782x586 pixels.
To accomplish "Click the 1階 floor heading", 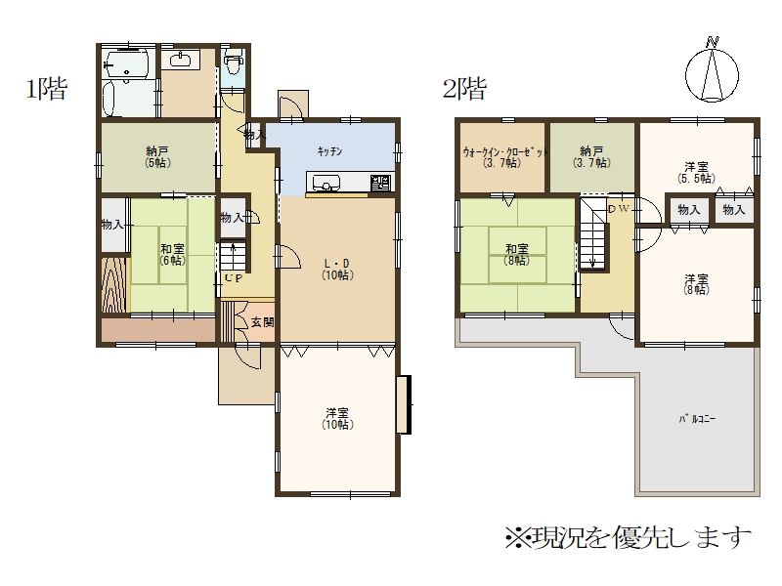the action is [x=46, y=89].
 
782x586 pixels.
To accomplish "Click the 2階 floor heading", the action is [x=464, y=89].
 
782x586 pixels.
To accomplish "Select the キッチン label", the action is [x=329, y=151].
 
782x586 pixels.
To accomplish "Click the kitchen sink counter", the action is [x=350, y=183].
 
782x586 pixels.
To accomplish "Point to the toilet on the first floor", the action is [x=232, y=63].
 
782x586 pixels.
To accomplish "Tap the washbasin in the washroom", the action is [x=180, y=61].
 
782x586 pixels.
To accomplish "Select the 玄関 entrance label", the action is [x=262, y=322].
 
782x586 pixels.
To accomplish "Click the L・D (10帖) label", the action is [x=337, y=270].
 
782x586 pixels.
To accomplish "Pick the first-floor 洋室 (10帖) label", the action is [x=337, y=419].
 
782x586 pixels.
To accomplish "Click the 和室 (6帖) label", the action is [x=173, y=254].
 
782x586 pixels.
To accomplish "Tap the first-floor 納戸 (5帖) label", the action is [x=157, y=156].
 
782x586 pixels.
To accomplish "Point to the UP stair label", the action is [x=234, y=278].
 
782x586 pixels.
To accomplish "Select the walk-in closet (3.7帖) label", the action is [x=504, y=157].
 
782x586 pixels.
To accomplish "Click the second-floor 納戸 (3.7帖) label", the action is [x=592, y=156].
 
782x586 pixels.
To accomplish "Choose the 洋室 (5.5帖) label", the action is [x=696, y=172].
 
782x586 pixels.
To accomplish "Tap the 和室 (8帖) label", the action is [x=517, y=254].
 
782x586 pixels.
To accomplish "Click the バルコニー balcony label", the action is [x=697, y=419].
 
